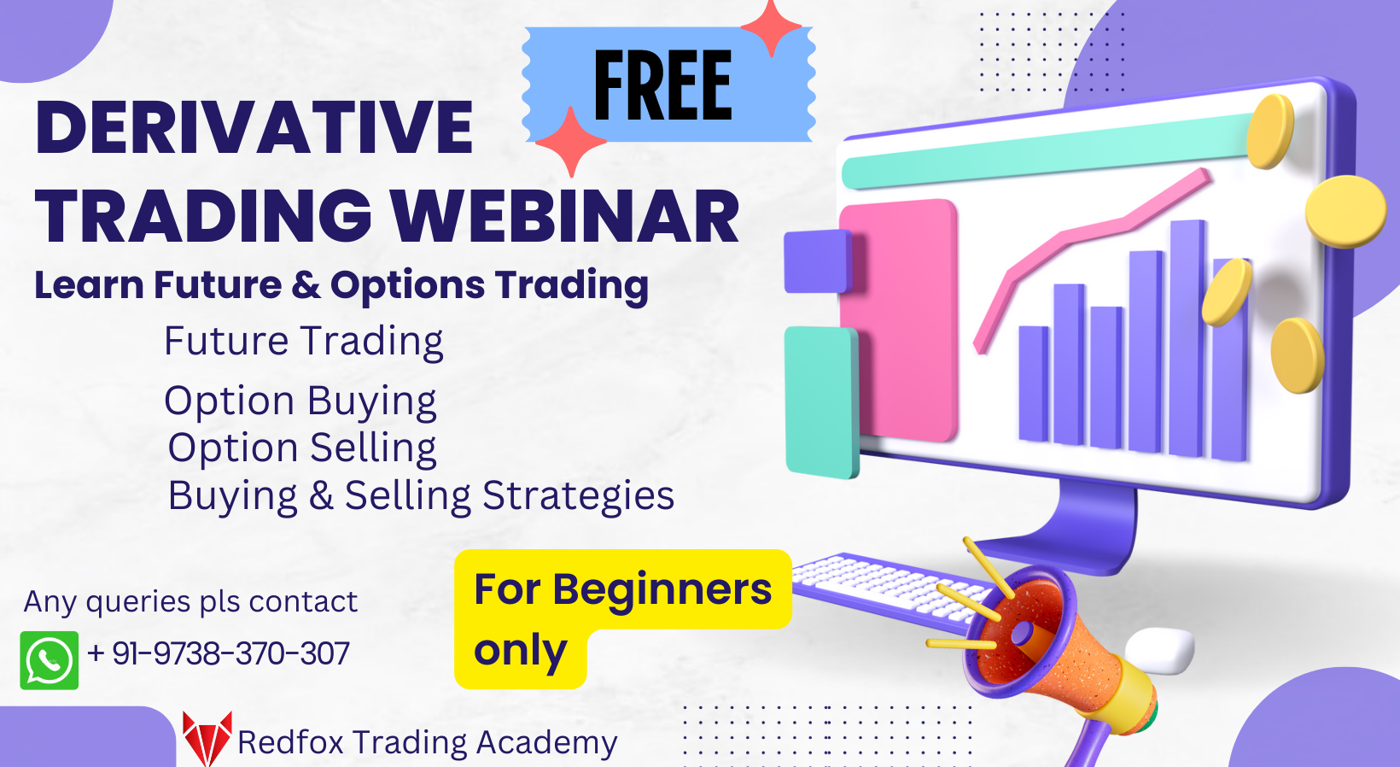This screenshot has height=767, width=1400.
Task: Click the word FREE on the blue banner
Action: [x=662, y=85]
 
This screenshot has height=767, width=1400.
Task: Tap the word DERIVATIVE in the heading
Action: [x=254, y=128]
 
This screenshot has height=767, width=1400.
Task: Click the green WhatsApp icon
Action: [x=50, y=660]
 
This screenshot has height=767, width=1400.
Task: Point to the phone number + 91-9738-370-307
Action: [x=219, y=654]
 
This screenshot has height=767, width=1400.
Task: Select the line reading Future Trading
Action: [x=303, y=342]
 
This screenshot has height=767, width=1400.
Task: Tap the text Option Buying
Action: [x=300, y=401]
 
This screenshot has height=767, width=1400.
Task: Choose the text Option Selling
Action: [x=302, y=448]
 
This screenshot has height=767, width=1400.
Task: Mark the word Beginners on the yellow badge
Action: [x=662, y=589]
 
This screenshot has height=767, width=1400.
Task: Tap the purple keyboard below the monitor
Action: [x=888, y=585]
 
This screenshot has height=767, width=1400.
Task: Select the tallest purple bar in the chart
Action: [x=1187, y=337]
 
